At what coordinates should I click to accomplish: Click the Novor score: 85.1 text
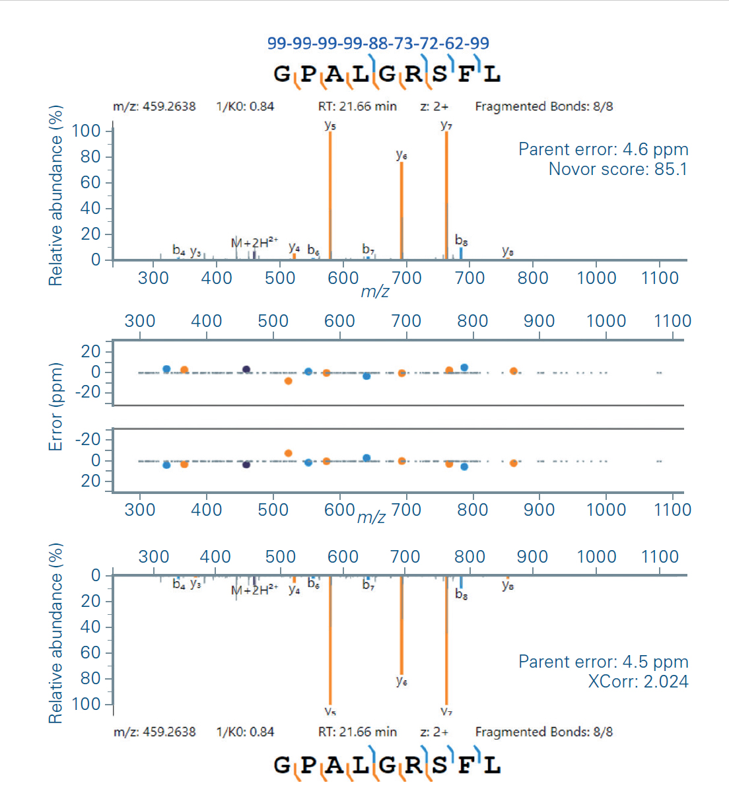coord(617,169)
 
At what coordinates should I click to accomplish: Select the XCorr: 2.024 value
coord(638,682)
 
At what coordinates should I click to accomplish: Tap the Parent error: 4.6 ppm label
coord(603,149)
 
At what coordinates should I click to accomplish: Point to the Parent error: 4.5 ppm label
coord(603,662)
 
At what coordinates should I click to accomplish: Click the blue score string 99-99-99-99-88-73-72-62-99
coord(378,44)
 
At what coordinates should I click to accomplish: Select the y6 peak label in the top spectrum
coord(401,155)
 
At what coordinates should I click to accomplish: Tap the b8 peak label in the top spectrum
coord(461,240)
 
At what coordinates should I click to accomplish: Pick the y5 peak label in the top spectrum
coord(330,124)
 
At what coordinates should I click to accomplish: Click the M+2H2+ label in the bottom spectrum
coord(254,590)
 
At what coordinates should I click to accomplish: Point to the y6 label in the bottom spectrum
coord(401,680)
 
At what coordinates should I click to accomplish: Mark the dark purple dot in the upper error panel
coord(246,369)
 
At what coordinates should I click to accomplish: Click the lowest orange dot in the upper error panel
coord(288,381)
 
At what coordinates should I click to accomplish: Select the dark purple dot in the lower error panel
coord(246,465)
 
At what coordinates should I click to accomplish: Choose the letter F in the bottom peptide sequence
coord(466,765)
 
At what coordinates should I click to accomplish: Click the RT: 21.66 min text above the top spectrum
coord(357,106)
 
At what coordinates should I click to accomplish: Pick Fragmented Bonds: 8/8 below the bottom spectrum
coord(543,732)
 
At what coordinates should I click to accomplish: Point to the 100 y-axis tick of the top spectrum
coord(86,131)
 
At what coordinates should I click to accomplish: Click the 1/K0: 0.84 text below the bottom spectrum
coord(245,732)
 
